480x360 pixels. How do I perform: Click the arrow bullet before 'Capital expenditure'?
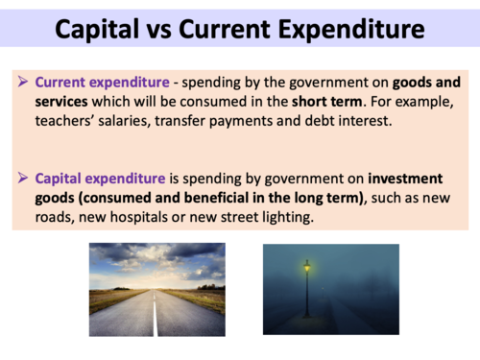[24, 179]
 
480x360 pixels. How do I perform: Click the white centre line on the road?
[155, 317]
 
